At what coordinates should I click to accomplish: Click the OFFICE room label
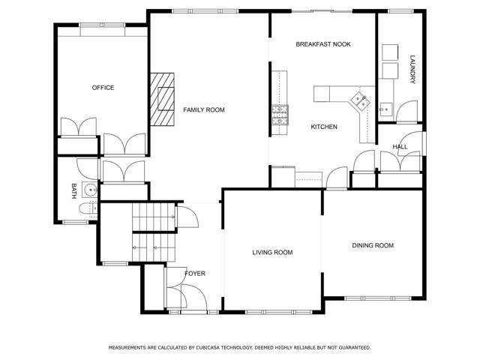point(103,88)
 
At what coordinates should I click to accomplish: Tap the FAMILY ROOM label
point(204,110)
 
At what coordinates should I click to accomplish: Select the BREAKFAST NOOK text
point(323,44)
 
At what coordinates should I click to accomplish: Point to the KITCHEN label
point(324,127)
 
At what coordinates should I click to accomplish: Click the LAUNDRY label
point(412,69)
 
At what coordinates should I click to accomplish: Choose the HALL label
point(400,147)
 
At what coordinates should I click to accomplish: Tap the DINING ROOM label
point(373,245)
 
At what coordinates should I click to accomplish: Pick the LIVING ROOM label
point(272,253)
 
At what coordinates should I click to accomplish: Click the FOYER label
point(195,274)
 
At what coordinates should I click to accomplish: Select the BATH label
point(73,191)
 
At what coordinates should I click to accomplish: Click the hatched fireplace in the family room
point(162,99)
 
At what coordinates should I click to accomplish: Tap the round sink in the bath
point(90,190)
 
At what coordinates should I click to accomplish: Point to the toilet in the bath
point(88,208)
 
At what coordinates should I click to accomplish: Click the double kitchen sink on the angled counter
point(360,100)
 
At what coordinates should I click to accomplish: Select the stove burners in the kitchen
point(280,115)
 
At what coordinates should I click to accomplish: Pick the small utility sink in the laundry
point(385,109)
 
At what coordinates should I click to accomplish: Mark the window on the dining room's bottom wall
point(378,298)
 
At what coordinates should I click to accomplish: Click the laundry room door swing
point(406,112)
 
